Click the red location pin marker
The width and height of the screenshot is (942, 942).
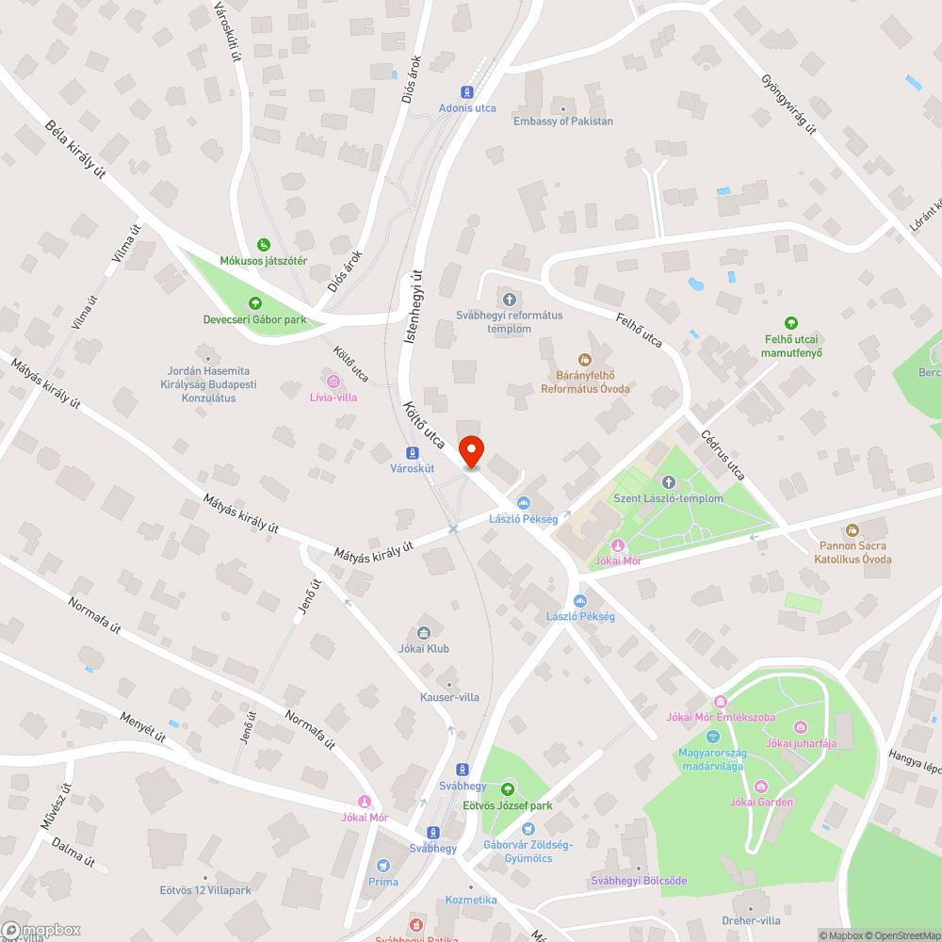point(470,451)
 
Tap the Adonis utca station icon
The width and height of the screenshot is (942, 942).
point(465,91)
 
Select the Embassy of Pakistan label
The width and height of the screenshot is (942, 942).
point(563,121)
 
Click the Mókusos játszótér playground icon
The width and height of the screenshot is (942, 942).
point(264,244)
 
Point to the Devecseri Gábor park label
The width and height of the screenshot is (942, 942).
point(254,319)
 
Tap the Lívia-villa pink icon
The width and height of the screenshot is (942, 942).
point(332,381)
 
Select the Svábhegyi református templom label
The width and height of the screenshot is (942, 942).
point(509,322)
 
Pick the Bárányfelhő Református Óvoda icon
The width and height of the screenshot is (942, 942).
point(585,359)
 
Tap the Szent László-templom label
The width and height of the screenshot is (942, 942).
point(668,498)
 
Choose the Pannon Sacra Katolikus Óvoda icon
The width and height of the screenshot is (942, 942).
point(853,530)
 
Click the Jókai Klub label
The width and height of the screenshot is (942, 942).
point(423,648)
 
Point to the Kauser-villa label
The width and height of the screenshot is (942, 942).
point(449,697)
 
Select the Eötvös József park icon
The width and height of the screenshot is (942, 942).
point(508,788)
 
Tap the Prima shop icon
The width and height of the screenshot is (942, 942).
point(383,866)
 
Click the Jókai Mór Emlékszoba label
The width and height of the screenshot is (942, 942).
point(721,718)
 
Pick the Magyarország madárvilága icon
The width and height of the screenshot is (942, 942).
point(713,736)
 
